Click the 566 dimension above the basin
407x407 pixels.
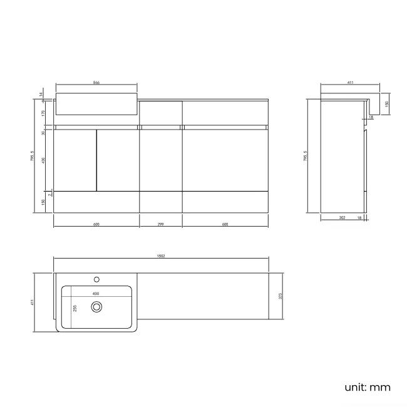[x=97, y=82]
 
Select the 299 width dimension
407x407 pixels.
[x=161, y=224]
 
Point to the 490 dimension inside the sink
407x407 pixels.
[x=96, y=292]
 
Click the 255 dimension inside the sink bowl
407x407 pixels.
[x=75, y=307]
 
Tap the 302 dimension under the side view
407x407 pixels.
[x=342, y=217]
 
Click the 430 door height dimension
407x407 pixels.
[x=43, y=160]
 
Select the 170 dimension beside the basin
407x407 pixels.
[x=43, y=113]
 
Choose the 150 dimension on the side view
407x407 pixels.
[x=386, y=103]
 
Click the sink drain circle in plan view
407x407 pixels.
[x=96, y=307]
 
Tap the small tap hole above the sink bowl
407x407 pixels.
[x=96, y=279]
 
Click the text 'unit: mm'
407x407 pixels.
[x=368, y=387]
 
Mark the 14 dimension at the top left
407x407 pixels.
[x=41, y=95]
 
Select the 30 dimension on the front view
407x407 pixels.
[x=43, y=133]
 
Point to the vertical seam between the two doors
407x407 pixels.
[x=96, y=160]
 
